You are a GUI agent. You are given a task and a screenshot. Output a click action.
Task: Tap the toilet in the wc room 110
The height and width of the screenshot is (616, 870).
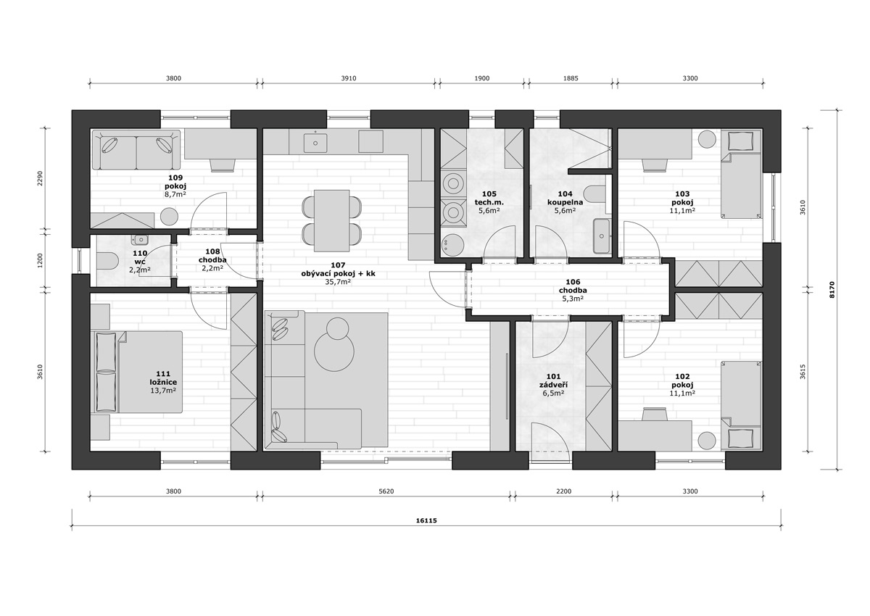click(107, 261)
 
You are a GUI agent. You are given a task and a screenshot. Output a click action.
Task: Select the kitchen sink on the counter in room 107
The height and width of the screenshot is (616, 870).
click(315, 143)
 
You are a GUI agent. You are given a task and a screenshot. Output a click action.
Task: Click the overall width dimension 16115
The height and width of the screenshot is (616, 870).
click(426, 520)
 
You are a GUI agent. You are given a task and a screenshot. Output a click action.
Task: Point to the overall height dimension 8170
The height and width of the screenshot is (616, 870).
click(832, 289)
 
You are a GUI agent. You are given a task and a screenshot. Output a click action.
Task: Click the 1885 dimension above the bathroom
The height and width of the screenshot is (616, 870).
click(571, 78)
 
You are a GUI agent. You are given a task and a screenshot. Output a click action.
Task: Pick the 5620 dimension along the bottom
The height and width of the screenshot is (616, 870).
click(386, 491)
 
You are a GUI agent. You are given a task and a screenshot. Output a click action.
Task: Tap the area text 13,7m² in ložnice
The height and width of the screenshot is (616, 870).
click(164, 391)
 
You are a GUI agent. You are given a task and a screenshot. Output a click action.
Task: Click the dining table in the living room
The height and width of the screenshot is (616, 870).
click(331, 220)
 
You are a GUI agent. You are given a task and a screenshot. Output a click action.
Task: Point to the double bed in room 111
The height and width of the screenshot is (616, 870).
click(136, 372)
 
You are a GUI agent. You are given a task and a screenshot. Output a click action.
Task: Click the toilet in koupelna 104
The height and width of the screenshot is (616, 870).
click(595, 194)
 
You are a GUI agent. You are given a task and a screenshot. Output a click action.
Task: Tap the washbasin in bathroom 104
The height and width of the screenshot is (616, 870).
click(602, 236)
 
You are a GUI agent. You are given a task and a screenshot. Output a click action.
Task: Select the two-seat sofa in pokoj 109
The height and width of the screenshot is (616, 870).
click(136, 150)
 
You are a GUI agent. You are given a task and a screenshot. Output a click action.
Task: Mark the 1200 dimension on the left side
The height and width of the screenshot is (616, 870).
click(41, 261)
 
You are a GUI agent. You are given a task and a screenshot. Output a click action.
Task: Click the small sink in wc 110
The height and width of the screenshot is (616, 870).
click(139, 240)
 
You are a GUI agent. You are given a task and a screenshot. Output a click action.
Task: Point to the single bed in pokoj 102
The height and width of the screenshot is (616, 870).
click(742, 405)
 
